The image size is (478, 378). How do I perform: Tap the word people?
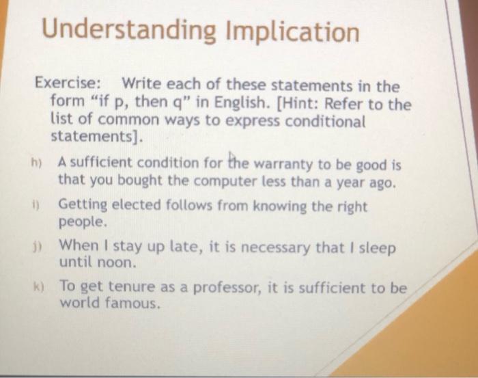pos(83,223)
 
